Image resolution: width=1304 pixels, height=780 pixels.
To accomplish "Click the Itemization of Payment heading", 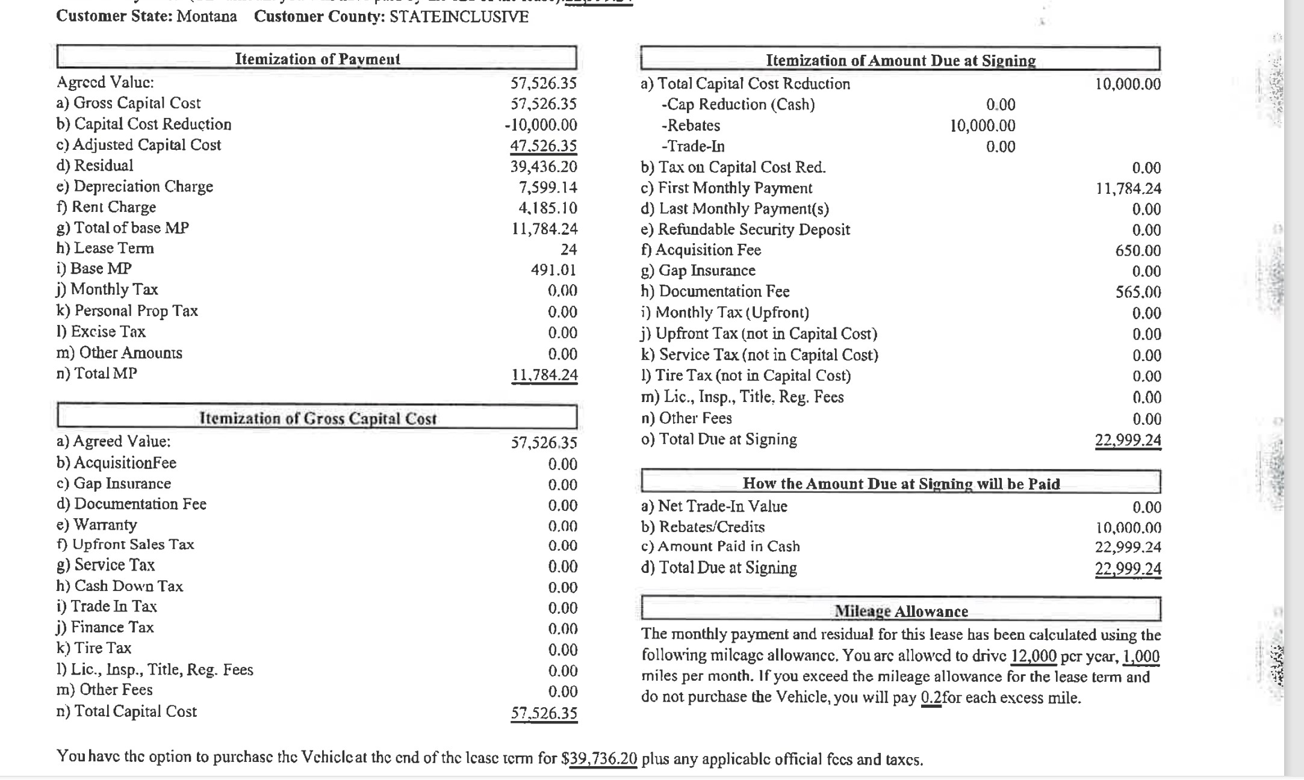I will coord(317,59).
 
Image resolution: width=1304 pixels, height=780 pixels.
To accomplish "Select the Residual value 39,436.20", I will coord(544,166).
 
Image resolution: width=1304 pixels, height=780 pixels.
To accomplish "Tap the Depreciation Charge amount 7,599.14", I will coord(548,187).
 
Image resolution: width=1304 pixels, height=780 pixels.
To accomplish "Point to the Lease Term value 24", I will coord(568,249).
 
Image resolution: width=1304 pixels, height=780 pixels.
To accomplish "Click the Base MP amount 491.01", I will coord(553,270).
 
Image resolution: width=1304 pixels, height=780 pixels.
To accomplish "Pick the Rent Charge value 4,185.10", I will coord(548,208).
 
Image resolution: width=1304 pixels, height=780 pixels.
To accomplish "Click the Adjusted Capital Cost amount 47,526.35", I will coord(544,146).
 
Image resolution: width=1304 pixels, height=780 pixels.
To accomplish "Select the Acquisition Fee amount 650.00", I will coord(1138,250).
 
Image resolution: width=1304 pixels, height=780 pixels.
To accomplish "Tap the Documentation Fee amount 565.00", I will coord(1138,292).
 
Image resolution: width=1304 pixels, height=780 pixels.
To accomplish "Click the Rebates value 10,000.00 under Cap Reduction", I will coord(983,126).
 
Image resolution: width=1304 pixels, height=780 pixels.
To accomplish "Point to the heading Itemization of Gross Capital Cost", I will coord(317,418).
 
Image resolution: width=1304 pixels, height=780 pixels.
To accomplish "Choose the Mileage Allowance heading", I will coord(901,611).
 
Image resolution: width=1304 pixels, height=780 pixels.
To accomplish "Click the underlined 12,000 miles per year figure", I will coord(1034,656).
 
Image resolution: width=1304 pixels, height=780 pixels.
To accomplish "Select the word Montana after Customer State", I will coord(206,16).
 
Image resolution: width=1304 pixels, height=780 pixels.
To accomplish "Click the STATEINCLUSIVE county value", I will coord(459,16).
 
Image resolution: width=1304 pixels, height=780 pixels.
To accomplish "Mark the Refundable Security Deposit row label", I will coord(754,229).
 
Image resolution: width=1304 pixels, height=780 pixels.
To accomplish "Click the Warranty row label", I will coord(105,525).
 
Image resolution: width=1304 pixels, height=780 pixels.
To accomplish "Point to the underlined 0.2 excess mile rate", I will coord(931,698).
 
